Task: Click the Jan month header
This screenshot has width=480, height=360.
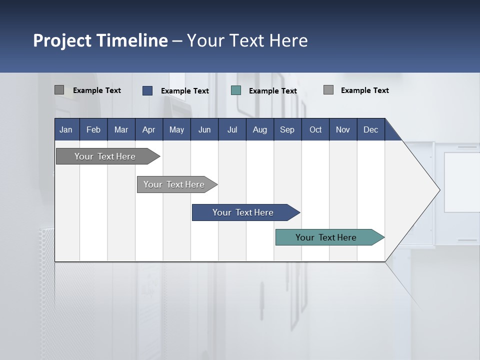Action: coord(66,129)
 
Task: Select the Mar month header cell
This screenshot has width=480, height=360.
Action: coord(121,129)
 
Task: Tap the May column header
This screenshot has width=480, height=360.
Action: coord(176,129)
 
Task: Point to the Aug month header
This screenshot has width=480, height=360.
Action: coord(259,129)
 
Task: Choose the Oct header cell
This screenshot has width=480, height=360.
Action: coord(315,129)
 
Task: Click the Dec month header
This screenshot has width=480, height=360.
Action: coord(370,129)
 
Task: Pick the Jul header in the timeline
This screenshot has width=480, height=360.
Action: coord(232,129)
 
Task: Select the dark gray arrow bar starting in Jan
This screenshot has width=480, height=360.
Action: coord(105,156)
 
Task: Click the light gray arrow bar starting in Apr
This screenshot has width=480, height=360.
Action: coord(174,184)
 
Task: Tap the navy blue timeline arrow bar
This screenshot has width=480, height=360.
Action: coord(243,212)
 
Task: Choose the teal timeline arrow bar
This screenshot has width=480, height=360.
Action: coord(326,237)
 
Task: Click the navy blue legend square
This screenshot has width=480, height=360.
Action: coord(147,90)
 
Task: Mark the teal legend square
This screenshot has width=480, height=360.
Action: coord(236,90)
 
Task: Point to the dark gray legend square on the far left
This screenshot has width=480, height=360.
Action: coord(59,90)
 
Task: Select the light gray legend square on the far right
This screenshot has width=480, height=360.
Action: coord(328,90)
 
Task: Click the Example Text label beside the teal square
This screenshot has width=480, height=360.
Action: coord(273,91)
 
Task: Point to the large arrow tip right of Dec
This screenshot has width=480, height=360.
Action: coord(425,190)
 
